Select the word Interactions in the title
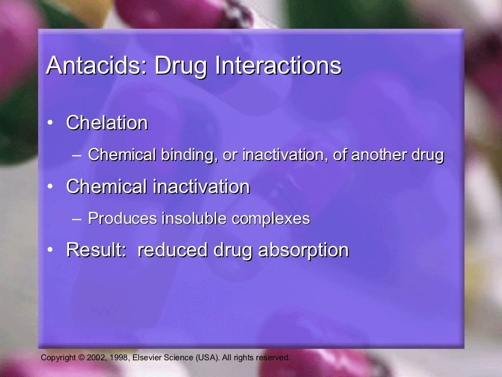pyautogui.click(x=278, y=66)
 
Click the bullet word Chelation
pyautogui.click(x=107, y=123)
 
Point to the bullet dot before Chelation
pyautogui.click(x=51, y=123)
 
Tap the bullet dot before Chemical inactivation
pyautogui.click(x=51, y=187)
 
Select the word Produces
pyautogui.click(x=123, y=218)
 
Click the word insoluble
pyautogui.click(x=195, y=218)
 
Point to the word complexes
pyautogui.click(x=271, y=219)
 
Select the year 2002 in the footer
pyautogui.click(x=95, y=358)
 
